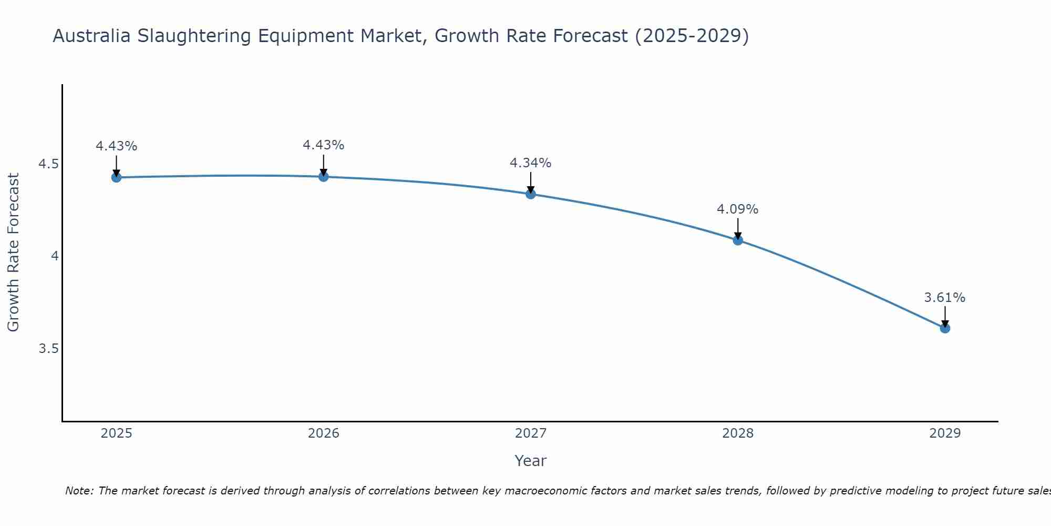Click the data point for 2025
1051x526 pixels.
(116, 177)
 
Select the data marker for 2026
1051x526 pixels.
(324, 177)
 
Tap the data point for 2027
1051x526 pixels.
(531, 194)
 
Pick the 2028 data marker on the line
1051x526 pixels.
(738, 240)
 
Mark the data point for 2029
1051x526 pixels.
(945, 328)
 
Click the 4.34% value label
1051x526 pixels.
(530, 163)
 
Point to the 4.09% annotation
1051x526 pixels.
(737, 209)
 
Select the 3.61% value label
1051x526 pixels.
(944, 298)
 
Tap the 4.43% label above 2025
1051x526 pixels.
(116, 146)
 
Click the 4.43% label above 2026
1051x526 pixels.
(323, 145)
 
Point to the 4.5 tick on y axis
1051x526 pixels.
(48, 164)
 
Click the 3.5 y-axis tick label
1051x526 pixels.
(48, 349)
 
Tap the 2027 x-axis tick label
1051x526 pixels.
(531, 433)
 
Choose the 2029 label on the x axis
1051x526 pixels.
(945, 433)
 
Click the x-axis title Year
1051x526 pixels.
(530, 461)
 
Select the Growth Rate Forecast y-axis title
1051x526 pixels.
(13, 252)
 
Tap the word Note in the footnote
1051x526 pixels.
(78, 491)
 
